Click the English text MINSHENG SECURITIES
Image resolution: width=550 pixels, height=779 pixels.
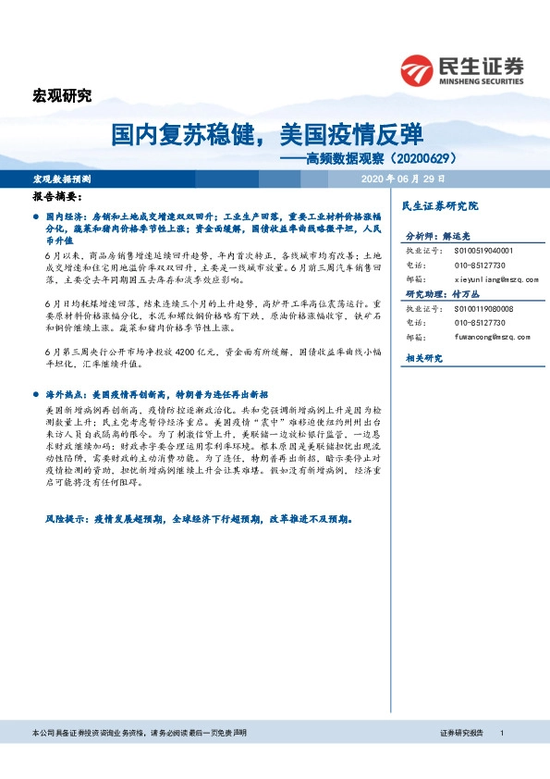[x=483, y=80]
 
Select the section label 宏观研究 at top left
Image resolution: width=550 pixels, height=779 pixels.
[x=62, y=95]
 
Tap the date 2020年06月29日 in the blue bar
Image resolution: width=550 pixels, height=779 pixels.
[x=405, y=178]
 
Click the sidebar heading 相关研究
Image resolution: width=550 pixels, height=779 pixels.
[x=424, y=358]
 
